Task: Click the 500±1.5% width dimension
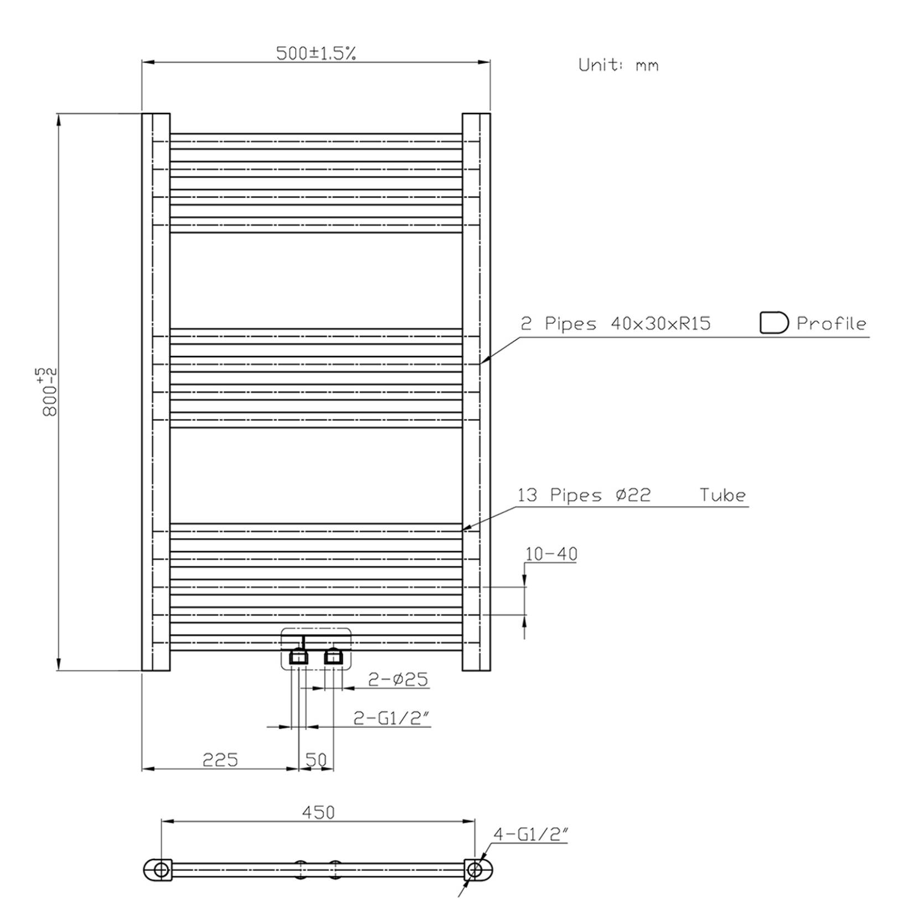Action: [x=316, y=53]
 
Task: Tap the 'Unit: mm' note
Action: [x=618, y=65]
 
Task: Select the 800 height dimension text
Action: [x=50, y=391]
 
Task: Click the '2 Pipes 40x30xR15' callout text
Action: [x=615, y=323]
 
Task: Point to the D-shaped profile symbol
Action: [x=773, y=323]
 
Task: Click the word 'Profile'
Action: [x=831, y=323]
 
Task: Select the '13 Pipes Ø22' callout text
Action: [x=584, y=495]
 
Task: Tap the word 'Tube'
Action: [x=723, y=495]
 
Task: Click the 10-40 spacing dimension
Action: [x=551, y=554]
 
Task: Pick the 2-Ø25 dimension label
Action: [x=398, y=679]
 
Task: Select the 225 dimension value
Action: [x=220, y=760]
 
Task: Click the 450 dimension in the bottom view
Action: [x=318, y=812]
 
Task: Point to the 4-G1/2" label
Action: [x=531, y=835]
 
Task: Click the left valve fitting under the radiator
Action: [x=299, y=657]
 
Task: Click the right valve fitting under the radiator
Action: [x=334, y=657]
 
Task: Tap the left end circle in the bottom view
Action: [x=161, y=869]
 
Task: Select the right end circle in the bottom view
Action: [x=474, y=869]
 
